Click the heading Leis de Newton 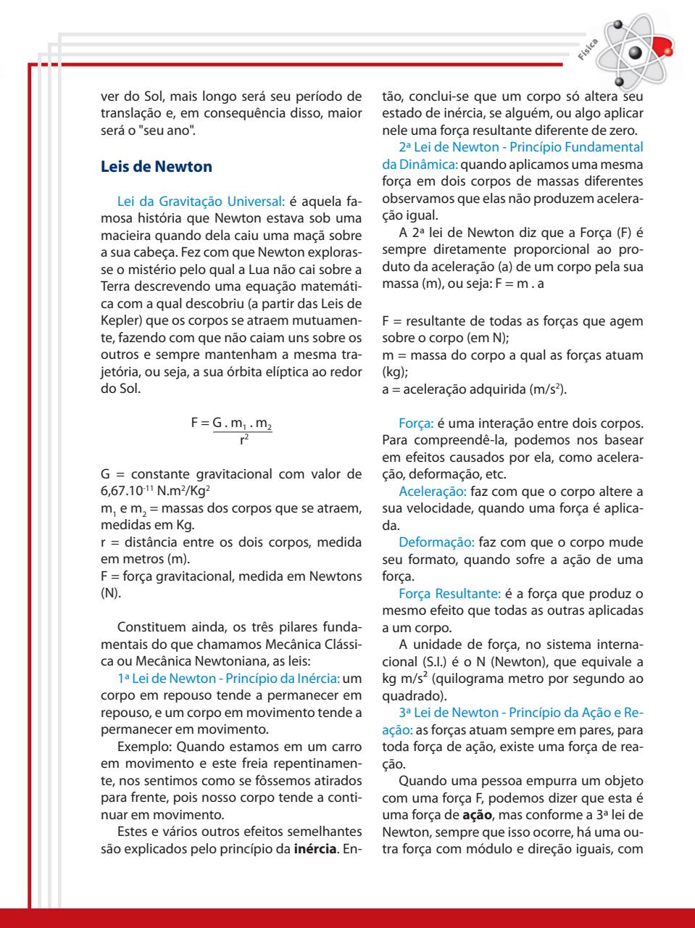tap(156, 167)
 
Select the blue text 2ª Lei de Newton tap(449, 147)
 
